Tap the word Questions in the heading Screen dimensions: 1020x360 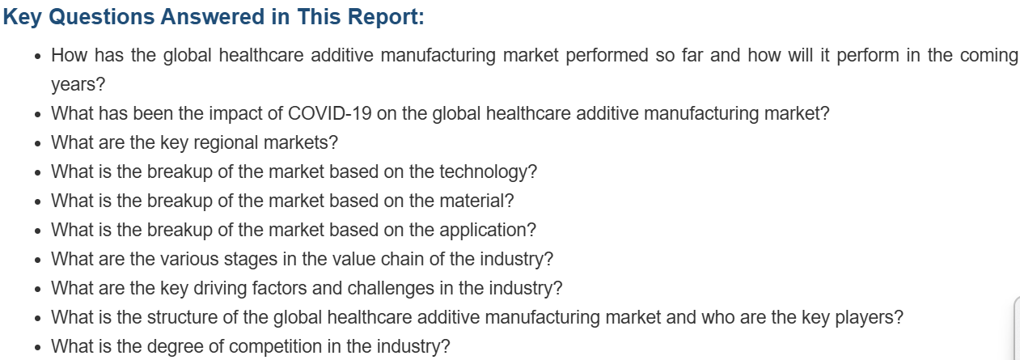point(101,18)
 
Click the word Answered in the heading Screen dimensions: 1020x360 point(213,17)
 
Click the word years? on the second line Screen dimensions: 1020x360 point(78,85)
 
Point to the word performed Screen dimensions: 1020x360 point(607,56)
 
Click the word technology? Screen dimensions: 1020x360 point(488,172)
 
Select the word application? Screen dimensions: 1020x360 point(488,231)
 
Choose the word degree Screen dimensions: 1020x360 point(175,347)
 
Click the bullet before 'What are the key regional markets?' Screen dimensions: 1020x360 point(38,143)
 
